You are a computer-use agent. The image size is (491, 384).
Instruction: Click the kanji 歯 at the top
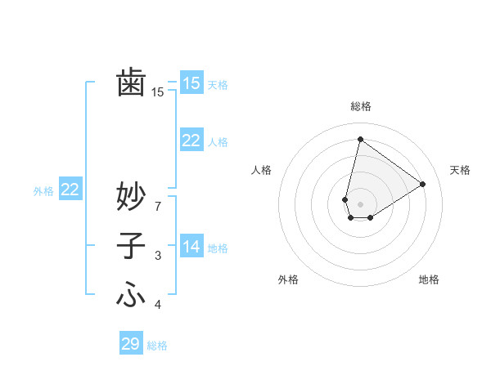(x=131, y=83)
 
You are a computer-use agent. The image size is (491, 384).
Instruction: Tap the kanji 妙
(x=131, y=197)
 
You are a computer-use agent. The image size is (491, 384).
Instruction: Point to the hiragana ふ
(x=131, y=294)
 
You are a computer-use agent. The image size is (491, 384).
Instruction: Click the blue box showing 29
(x=131, y=344)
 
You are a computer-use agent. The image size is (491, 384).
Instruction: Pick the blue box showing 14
(x=191, y=246)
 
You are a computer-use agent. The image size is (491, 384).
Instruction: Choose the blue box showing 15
(x=191, y=83)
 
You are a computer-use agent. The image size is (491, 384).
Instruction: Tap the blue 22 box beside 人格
(x=191, y=141)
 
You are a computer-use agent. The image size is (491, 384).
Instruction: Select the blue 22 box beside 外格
(x=70, y=190)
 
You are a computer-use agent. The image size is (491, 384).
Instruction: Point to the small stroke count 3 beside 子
(x=158, y=257)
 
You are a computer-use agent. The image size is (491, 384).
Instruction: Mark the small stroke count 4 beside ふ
(x=158, y=305)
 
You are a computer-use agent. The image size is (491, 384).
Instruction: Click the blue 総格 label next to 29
(x=158, y=346)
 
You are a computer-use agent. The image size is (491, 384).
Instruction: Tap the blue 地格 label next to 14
(x=218, y=248)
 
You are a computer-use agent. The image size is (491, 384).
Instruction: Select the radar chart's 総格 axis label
(x=361, y=106)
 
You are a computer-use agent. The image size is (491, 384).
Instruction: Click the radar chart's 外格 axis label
(x=288, y=279)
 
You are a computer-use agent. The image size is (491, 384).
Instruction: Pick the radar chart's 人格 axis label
(x=261, y=170)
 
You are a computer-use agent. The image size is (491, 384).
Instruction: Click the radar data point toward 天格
(x=423, y=184)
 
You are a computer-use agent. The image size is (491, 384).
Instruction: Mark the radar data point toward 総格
(x=360, y=139)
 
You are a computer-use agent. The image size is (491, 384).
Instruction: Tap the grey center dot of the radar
(x=360, y=203)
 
